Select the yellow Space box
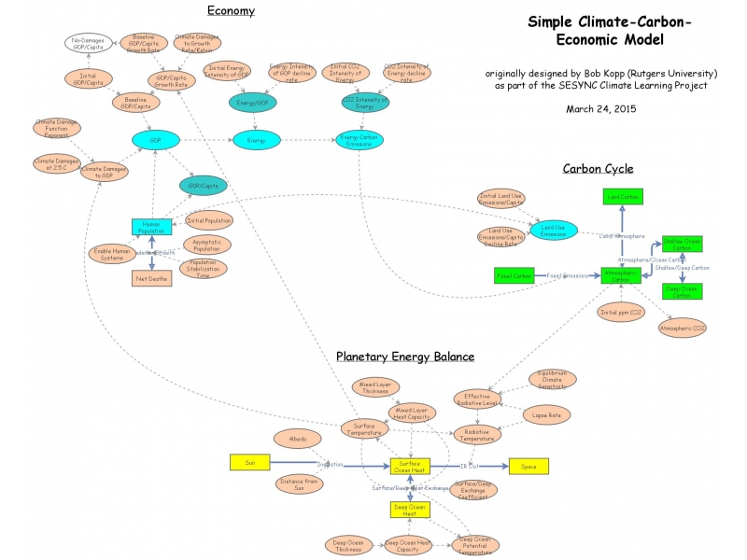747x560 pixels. pyautogui.click(x=529, y=466)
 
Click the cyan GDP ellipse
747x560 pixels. pyautogui.click(x=156, y=138)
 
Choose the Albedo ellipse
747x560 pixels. pyautogui.click(x=297, y=439)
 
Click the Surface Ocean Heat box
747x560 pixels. pyautogui.click(x=409, y=465)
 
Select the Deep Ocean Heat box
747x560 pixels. pyautogui.click(x=409, y=509)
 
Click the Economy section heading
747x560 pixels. pyautogui.click(x=231, y=11)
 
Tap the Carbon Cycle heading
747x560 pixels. pyautogui.click(x=598, y=169)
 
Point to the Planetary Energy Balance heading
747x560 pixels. pyautogui.click(x=405, y=357)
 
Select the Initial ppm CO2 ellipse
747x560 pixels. pyautogui.click(x=622, y=312)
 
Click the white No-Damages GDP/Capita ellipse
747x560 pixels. pyautogui.click(x=88, y=42)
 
